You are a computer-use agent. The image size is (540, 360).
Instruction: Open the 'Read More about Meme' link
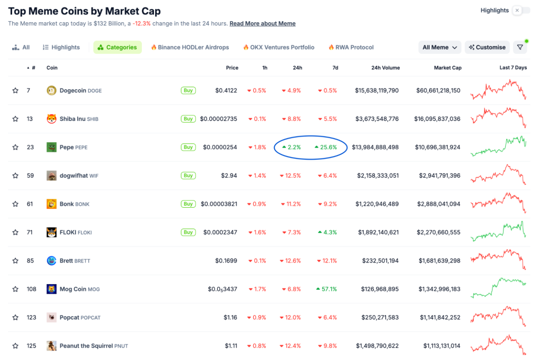262,24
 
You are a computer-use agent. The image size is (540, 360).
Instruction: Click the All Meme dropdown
440,47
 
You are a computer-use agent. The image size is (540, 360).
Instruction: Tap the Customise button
487,47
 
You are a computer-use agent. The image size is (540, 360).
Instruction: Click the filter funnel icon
520,47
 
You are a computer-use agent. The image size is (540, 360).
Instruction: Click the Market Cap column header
448,68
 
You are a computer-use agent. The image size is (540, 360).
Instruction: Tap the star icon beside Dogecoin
15,91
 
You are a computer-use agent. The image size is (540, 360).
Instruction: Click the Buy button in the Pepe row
188,147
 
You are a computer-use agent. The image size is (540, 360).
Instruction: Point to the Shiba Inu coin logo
51,119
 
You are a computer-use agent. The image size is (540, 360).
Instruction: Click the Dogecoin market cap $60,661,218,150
438,91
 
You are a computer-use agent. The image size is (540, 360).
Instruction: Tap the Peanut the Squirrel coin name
86,346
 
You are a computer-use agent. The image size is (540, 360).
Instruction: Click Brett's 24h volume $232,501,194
380,261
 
